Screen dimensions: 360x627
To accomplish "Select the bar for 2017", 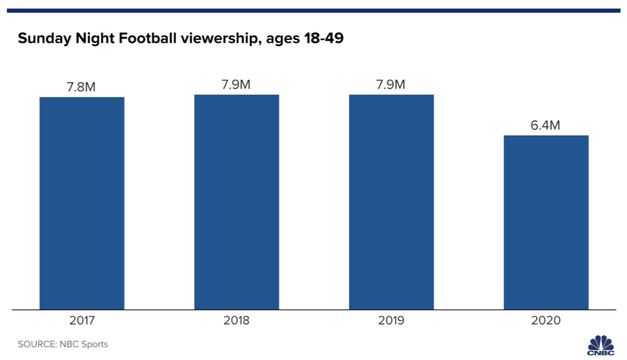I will click(82, 203).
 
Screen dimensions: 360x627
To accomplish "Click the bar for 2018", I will click(236, 202).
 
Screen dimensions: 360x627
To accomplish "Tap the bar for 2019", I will click(391, 202).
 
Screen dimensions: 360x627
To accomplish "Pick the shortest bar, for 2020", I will click(546, 222).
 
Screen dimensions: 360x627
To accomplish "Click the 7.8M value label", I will click(81, 87).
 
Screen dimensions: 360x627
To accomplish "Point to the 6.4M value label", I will click(545, 126).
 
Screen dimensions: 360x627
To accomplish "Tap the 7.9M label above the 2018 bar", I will click(236, 85).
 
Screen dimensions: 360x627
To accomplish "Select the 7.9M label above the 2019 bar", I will click(391, 85).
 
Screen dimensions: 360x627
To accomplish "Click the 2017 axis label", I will click(82, 320).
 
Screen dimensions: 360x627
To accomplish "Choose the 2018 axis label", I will click(236, 320).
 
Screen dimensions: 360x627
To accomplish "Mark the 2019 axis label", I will click(391, 320).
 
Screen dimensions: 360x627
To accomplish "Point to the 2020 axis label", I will click(546, 320).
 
